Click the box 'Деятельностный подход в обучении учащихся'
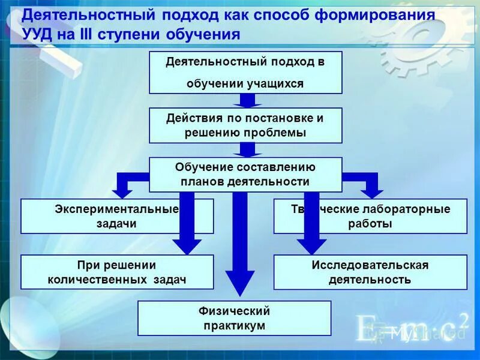pos(245,73)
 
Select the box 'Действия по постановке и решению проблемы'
pos(245,125)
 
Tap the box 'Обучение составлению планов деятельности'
pos(245,174)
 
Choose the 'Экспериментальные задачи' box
pos(117,217)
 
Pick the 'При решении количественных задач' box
pos(117,272)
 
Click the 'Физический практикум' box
pos(234,318)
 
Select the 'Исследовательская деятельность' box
pos(370,272)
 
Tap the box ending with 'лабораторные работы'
pos(370,217)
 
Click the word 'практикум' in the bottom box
pos(234,326)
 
